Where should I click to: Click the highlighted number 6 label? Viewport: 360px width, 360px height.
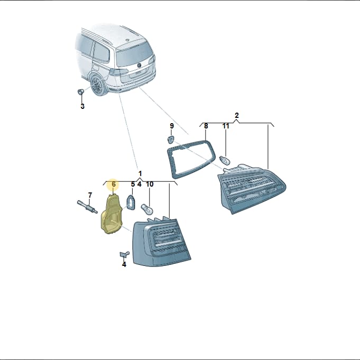(x=114, y=184)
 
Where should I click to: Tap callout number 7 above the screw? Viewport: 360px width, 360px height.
(x=90, y=195)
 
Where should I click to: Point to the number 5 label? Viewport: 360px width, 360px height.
(x=133, y=184)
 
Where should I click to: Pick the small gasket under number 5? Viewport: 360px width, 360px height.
(x=131, y=202)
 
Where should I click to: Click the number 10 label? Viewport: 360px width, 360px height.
(x=150, y=184)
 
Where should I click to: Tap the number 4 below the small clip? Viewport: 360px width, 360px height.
(x=124, y=264)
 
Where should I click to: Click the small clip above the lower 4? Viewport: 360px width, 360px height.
(x=124, y=254)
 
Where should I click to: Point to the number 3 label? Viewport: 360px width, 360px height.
(x=82, y=106)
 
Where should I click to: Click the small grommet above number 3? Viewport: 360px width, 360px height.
(x=80, y=91)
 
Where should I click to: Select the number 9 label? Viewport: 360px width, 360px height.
(x=172, y=126)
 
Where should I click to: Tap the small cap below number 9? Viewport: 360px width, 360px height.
(x=171, y=139)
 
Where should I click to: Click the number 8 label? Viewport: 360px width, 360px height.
(x=206, y=126)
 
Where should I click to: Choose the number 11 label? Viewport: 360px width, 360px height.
(x=226, y=126)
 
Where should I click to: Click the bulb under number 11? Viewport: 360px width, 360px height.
(x=225, y=160)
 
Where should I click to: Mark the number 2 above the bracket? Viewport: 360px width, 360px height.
(x=237, y=115)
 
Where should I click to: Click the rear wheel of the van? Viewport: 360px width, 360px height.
(x=97, y=86)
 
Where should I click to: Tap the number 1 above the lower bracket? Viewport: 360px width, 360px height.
(x=140, y=173)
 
